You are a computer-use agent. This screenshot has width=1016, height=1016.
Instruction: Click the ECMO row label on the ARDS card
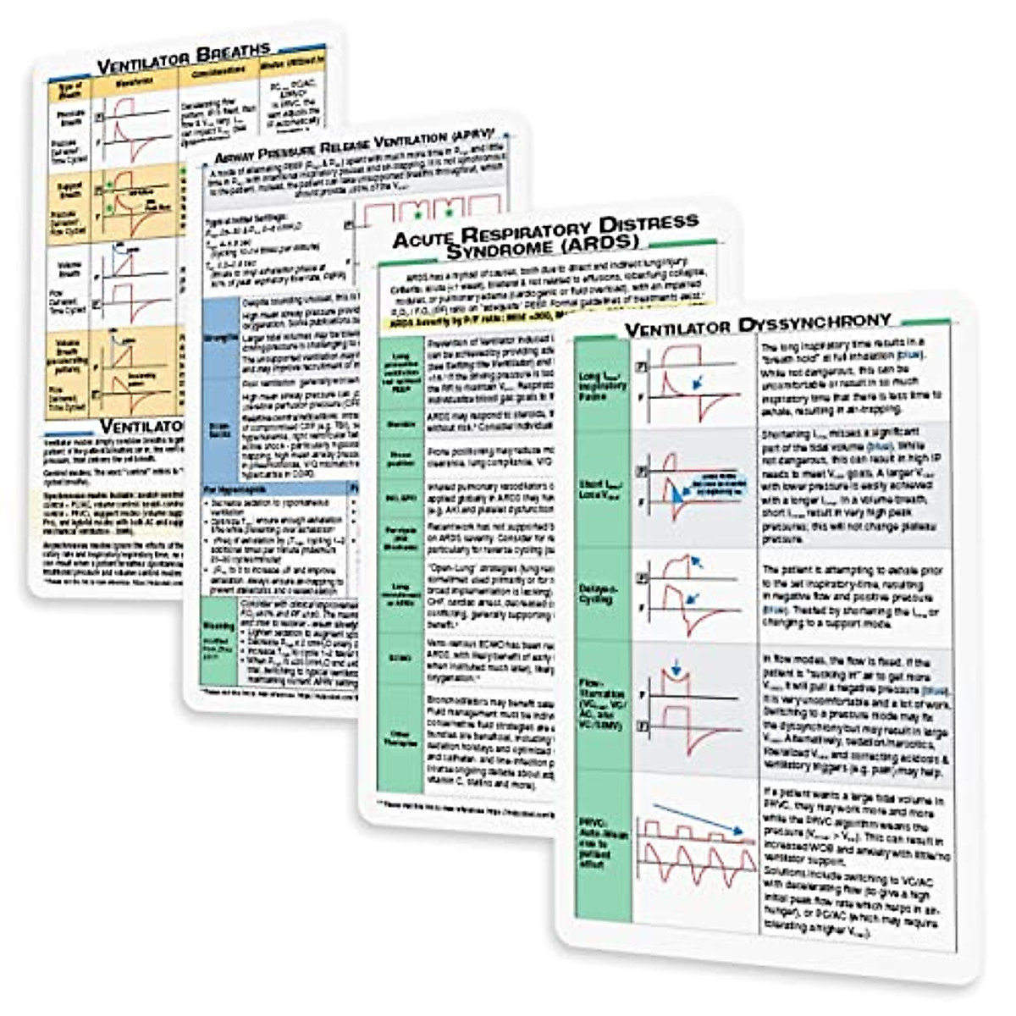[400, 657]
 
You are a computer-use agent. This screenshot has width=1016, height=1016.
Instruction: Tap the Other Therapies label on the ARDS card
[400, 737]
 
